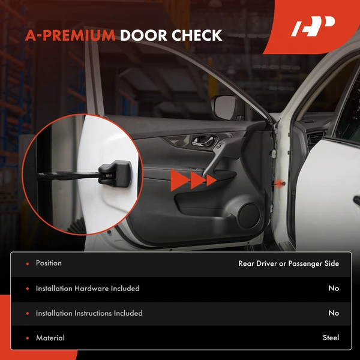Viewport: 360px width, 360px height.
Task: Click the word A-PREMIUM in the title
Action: (70, 35)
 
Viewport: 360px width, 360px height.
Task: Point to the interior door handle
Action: (200, 144)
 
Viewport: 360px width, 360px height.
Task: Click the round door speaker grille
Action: (247, 214)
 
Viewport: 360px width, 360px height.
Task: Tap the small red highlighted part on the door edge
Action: (280, 181)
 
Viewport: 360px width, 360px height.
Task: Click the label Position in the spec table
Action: (49, 263)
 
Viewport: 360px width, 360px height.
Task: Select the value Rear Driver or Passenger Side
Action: (289, 263)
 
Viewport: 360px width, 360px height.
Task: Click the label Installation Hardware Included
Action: (88, 289)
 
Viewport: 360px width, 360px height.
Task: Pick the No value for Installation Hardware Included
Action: (334, 289)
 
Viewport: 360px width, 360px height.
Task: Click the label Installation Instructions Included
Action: (89, 313)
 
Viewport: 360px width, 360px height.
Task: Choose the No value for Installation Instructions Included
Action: (334, 313)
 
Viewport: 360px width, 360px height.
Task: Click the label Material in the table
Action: (50, 338)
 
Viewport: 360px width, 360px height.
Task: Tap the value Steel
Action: (331, 338)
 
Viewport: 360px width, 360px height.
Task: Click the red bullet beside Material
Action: (28, 338)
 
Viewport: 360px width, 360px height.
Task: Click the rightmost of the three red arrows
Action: (211, 179)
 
